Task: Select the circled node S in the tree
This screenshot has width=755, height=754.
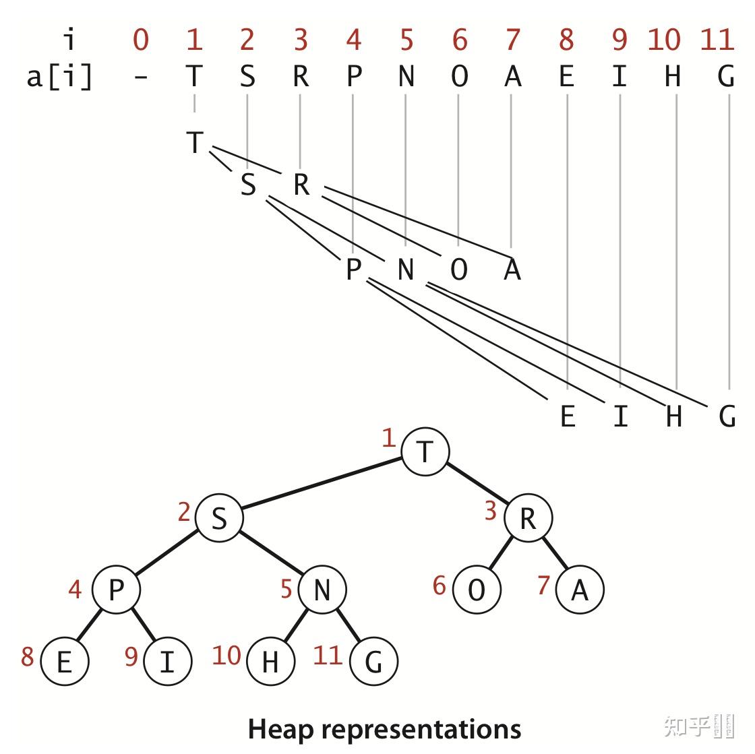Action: (x=219, y=518)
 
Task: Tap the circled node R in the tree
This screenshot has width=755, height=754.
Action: (x=528, y=518)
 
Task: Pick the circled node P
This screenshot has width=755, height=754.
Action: (x=116, y=590)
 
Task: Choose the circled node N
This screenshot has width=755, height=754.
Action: (x=322, y=590)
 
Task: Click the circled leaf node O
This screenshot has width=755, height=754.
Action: (x=477, y=590)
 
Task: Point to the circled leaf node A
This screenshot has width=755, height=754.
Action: (x=580, y=590)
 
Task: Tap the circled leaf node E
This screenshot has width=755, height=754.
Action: (x=64, y=662)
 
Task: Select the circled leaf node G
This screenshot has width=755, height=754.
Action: (x=373, y=662)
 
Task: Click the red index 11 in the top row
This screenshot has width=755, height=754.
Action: (x=717, y=40)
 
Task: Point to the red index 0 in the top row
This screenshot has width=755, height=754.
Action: (x=140, y=40)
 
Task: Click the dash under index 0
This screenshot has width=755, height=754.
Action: (x=140, y=77)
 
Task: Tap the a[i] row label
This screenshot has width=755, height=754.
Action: (x=59, y=77)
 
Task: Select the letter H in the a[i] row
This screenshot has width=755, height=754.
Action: (x=672, y=77)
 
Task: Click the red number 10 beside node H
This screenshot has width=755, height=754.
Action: (x=227, y=655)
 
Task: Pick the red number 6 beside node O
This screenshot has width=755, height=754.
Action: (x=440, y=585)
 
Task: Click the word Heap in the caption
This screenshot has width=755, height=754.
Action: (x=278, y=729)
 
